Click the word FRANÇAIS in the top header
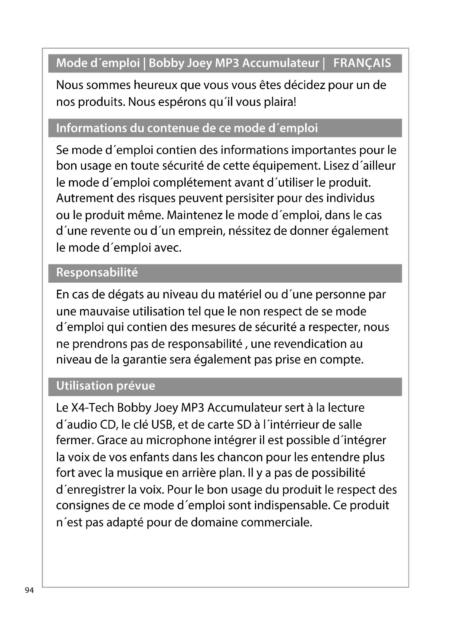point(362,63)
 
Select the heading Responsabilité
point(97,273)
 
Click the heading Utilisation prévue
point(106,386)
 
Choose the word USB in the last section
point(163,425)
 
